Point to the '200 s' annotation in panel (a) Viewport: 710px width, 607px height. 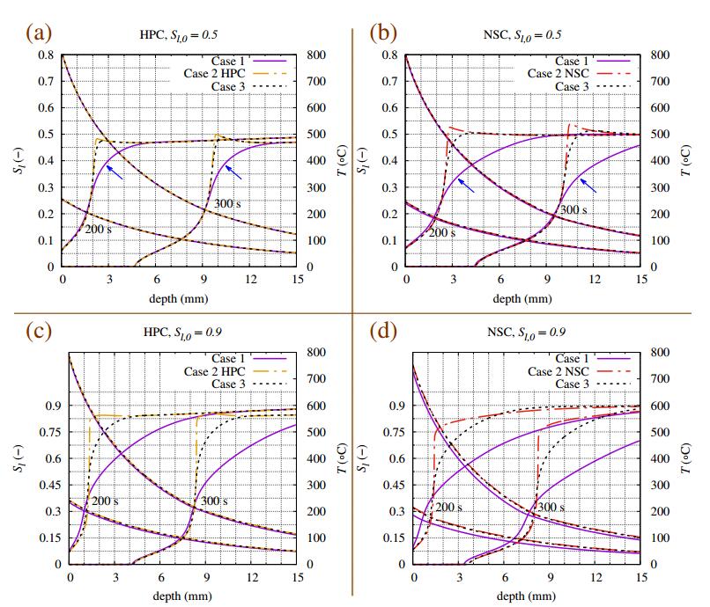pyautogui.click(x=99, y=229)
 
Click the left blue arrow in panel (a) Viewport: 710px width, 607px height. pyautogui.click(x=113, y=172)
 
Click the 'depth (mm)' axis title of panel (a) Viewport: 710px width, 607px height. pyautogui.click(x=179, y=298)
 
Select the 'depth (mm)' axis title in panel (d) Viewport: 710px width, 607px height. pyautogui.click(x=527, y=596)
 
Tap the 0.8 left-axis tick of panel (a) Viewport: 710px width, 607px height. pyautogui.click(x=45, y=55)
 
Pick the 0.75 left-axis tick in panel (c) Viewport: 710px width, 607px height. pyautogui.click(x=42, y=432)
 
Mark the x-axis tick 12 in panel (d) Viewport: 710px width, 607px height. pyautogui.click(x=596, y=578)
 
